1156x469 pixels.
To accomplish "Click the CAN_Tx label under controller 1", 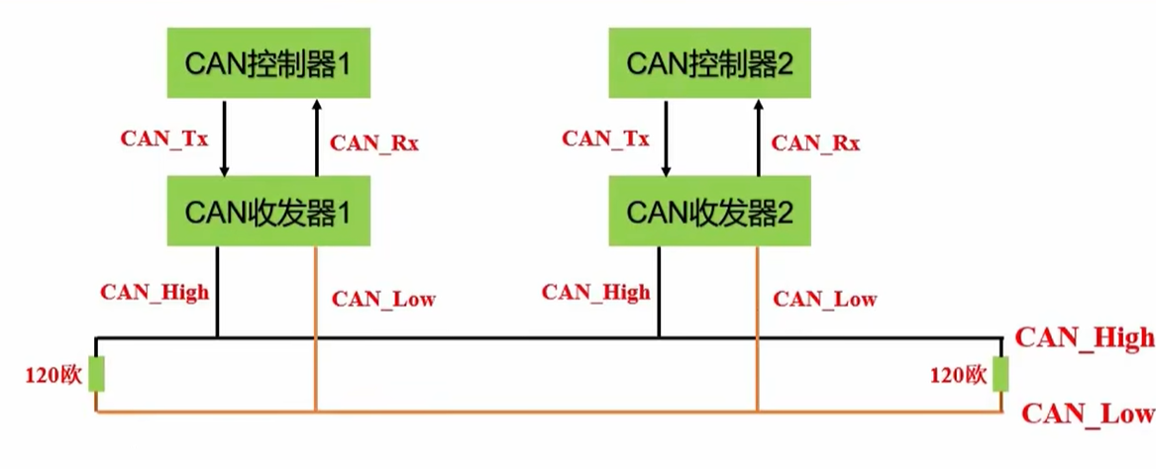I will [x=164, y=139].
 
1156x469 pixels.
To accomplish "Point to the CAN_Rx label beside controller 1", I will [x=374, y=143].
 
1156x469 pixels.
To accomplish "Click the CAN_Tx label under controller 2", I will [x=605, y=139].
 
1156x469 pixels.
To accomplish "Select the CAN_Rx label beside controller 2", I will [x=816, y=143].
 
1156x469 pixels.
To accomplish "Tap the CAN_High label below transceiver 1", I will [x=155, y=293].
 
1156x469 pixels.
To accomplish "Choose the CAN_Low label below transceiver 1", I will [x=383, y=298].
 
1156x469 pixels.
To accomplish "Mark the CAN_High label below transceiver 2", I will [x=596, y=293].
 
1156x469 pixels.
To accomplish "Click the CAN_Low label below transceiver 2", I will [x=825, y=298].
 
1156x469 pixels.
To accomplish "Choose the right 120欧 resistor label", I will [x=959, y=376].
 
